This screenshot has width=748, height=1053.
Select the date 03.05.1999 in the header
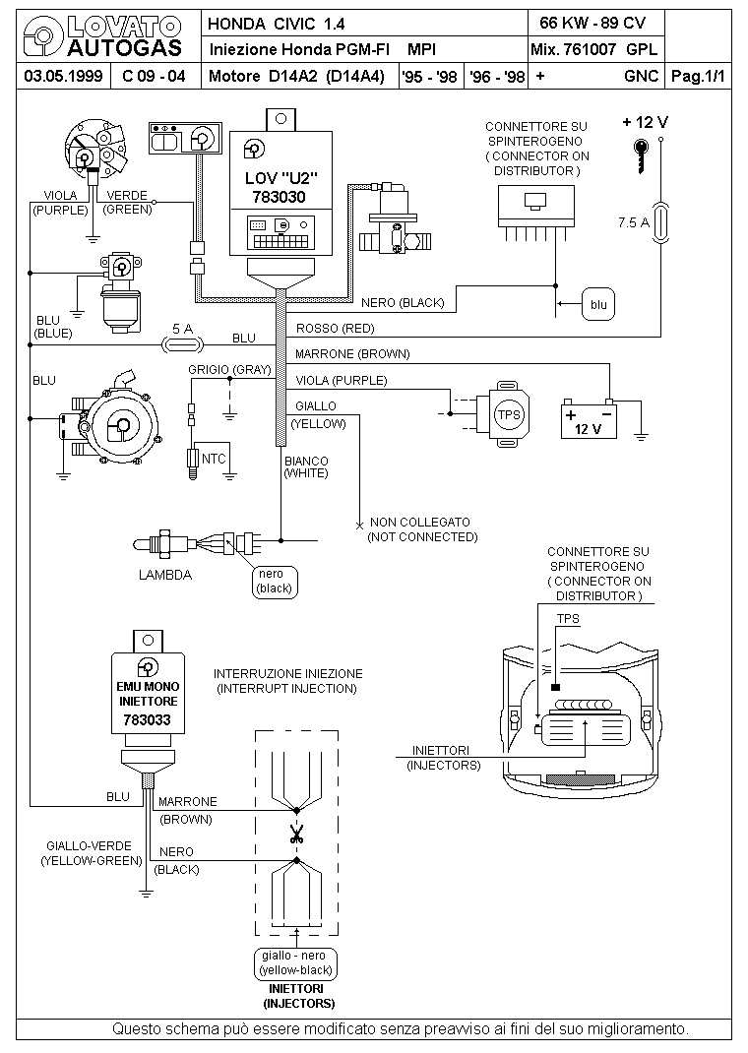point(63,76)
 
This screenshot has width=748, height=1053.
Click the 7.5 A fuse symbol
point(660,221)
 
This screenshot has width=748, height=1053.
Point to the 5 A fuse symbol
point(182,345)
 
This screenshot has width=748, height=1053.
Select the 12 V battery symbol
point(589,420)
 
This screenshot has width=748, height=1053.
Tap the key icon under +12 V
point(642,155)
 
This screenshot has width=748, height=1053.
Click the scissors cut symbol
point(295,835)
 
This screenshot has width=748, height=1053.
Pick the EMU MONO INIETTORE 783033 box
point(148,693)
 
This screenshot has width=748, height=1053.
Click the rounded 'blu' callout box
point(598,305)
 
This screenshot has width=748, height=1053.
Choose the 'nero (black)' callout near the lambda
point(275,582)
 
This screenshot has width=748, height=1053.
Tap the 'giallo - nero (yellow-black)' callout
point(295,963)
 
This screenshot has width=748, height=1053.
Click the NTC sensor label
point(214,459)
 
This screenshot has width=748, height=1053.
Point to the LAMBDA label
point(165,575)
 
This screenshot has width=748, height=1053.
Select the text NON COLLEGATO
point(420,522)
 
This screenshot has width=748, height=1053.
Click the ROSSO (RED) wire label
point(335,329)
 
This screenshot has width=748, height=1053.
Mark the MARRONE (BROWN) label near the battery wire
point(352,354)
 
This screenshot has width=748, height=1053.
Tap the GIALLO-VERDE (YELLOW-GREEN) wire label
point(92,853)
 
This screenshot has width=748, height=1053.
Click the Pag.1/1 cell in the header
point(699,76)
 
